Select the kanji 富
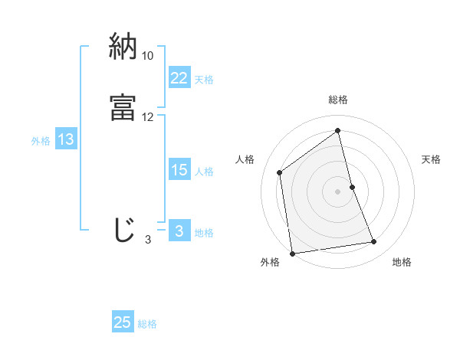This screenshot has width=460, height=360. click(123, 106)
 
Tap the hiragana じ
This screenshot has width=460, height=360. click(124, 231)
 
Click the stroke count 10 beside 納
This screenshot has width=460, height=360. click(148, 56)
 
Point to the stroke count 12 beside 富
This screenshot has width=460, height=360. click(148, 117)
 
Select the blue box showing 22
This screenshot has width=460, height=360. click(179, 78)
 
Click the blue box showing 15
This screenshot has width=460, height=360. click(179, 170)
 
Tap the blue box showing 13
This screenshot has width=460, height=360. click(66, 139)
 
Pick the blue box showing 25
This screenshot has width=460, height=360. click(123, 322)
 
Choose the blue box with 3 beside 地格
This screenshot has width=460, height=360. click(179, 231)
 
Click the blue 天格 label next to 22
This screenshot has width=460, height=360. click(204, 79)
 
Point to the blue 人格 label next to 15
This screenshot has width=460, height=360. click(204, 171)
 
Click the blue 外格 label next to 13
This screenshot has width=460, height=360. click(41, 140)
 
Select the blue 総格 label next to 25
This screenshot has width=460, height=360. click(147, 323)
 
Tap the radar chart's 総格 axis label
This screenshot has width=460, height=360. click(338, 100)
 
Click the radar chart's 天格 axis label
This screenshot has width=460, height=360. click(431, 159)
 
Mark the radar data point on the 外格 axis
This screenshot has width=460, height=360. click(292, 253)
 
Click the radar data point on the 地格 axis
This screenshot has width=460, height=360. click(374, 242)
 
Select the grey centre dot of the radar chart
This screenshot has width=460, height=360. click(338, 190)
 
